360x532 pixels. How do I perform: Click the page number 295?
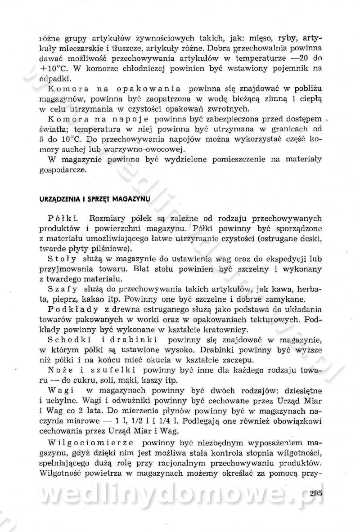(x=316, y=493)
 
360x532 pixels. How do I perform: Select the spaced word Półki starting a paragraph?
(x=63, y=219)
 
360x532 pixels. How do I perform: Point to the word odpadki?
(x=53, y=79)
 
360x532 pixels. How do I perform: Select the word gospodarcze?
(x=61, y=171)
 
